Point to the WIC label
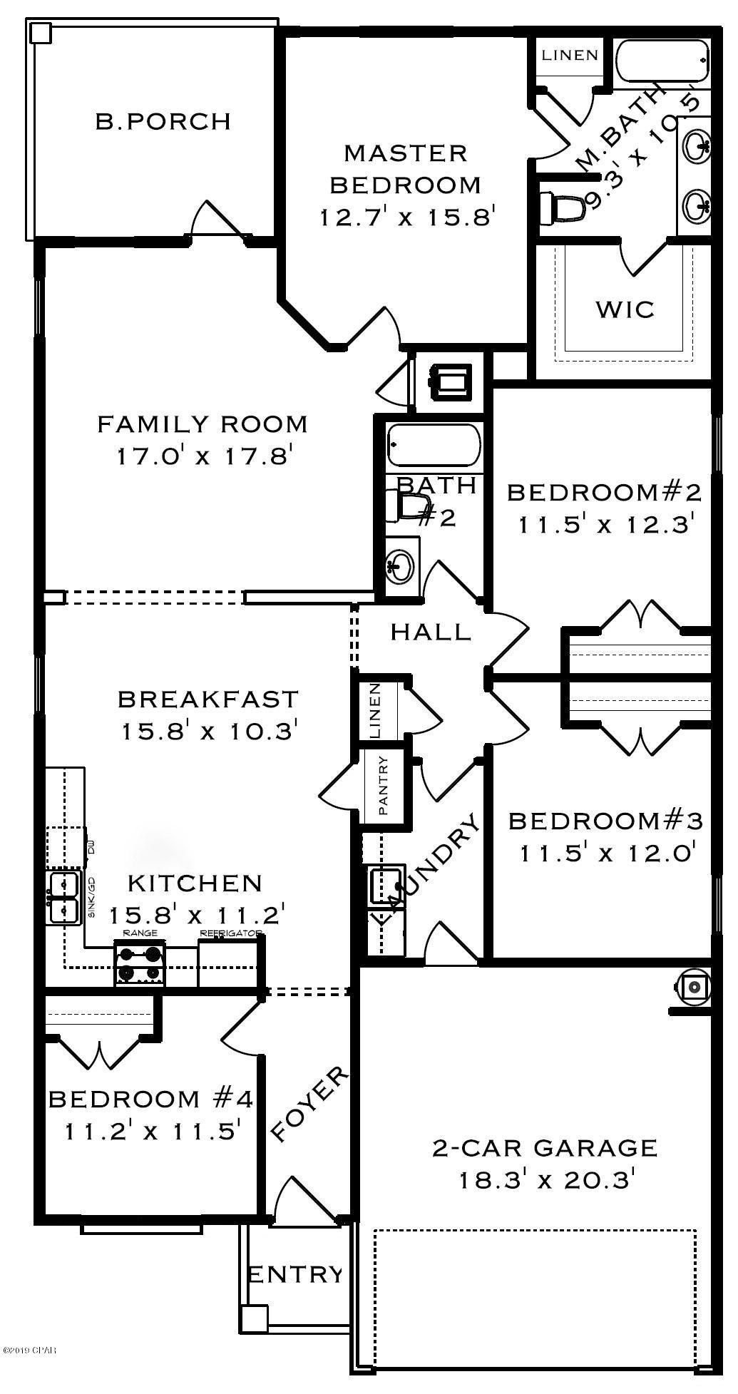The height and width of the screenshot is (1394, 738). [625, 309]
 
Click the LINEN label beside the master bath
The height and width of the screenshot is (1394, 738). [569, 55]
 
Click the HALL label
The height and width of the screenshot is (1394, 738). [431, 631]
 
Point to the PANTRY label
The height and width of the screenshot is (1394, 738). [383, 786]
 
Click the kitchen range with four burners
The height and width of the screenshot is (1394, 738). [140, 963]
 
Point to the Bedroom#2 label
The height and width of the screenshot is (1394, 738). [604, 492]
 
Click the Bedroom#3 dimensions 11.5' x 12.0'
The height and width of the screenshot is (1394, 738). [607, 853]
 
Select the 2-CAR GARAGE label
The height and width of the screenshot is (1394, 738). [545, 1147]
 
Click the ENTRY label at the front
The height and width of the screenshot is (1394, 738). [295, 1273]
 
